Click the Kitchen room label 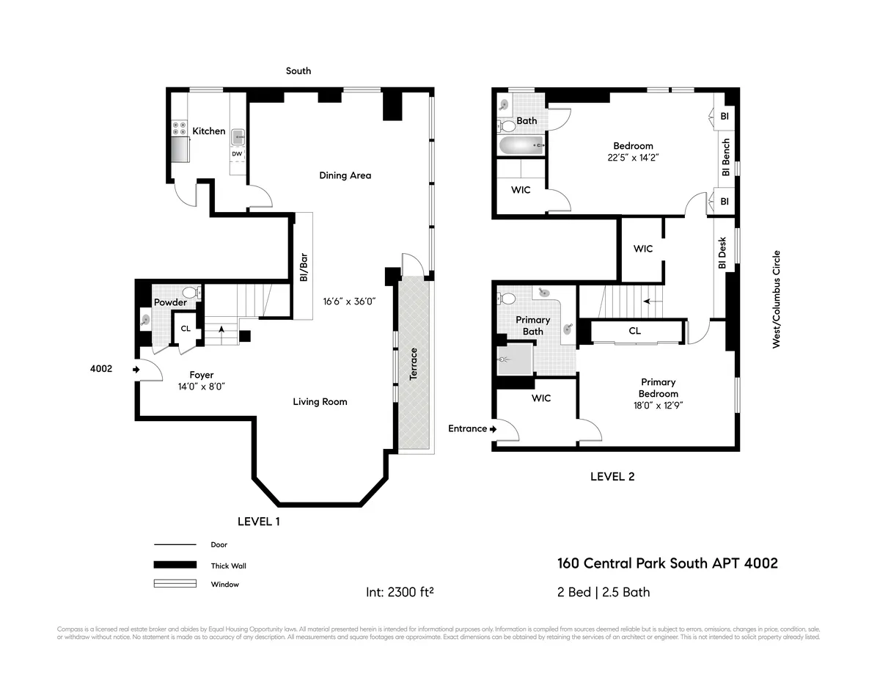point(209,131)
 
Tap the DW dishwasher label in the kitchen point(237,154)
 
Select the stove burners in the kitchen point(178,128)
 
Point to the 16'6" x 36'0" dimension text point(349,301)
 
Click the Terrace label point(413,362)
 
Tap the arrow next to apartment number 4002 point(136,370)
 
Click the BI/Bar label point(303,268)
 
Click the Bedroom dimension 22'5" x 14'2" point(633,157)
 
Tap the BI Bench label point(726,157)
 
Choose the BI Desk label point(722,252)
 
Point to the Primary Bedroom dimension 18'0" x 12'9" point(658,405)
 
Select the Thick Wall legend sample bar point(175,565)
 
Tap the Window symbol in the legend point(175,584)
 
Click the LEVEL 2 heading point(612,477)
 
